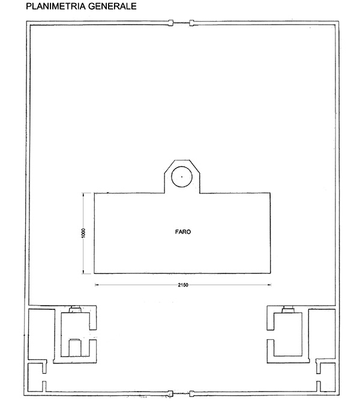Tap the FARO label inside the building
click(x=183, y=232)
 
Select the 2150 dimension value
click(x=183, y=285)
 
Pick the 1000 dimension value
click(x=83, y=233)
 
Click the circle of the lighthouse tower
click(x=182, y=177)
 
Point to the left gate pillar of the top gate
click(x=171, y=23)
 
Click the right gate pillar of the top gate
click(x=191, y=23)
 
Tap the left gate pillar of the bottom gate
click(x=170, y=393)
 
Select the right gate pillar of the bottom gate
click(x=191, y=393)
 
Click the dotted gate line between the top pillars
click(x=181, y=23)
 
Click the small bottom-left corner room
click(x=35, y=378)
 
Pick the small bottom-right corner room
click(x=327, y=378)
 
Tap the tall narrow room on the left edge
click(x=41, y=333)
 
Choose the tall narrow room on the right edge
click(x=322, y=334)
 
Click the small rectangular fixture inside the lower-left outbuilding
click(x=75, y=348)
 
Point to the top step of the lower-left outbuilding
click(x=76, y=309)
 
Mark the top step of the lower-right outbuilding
click(x=289, y=309)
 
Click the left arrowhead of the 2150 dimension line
click(x=96, y=285)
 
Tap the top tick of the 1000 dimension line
click(x=83, y=193)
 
